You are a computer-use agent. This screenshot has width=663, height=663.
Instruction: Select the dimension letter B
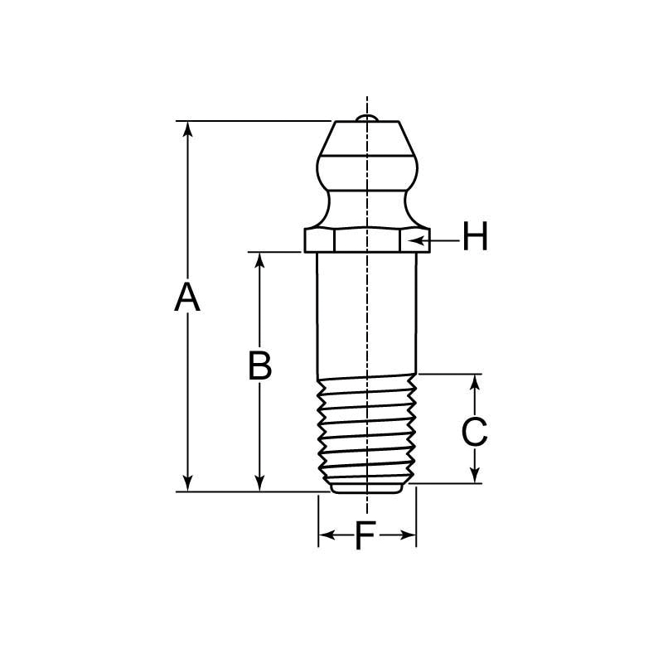[260, 365]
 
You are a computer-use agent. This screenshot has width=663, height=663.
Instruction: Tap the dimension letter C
[474, 432]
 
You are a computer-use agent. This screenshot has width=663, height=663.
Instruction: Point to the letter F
[365, 536]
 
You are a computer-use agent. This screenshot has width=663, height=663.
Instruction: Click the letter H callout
[475, 238]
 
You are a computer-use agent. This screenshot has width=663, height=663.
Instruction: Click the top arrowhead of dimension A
[188, 129]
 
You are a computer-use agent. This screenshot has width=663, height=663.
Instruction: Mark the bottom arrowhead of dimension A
[188, 482]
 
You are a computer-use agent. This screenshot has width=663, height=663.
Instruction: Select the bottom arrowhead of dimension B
[260, 482]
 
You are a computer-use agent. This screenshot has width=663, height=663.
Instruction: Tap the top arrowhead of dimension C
[475, 381]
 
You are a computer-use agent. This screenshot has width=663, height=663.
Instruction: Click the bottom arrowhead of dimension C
[475, 475]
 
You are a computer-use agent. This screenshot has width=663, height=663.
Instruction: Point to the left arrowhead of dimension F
[325, 535]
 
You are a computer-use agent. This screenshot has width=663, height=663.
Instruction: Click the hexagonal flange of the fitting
[366, 240]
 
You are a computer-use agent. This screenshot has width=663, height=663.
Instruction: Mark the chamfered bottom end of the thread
[366, 487]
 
